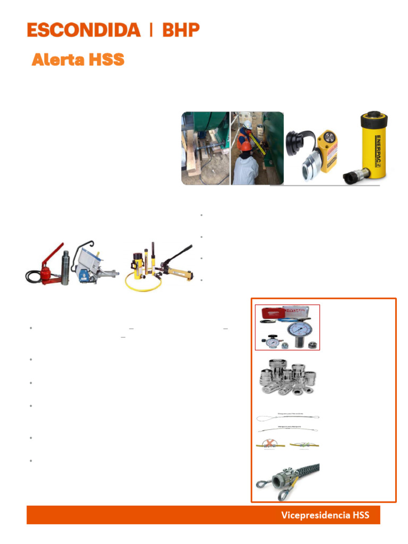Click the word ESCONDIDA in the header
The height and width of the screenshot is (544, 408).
(83, 30)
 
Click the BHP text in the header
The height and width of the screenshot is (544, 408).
(181, 30)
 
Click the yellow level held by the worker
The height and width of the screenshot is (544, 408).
(256, 143)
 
